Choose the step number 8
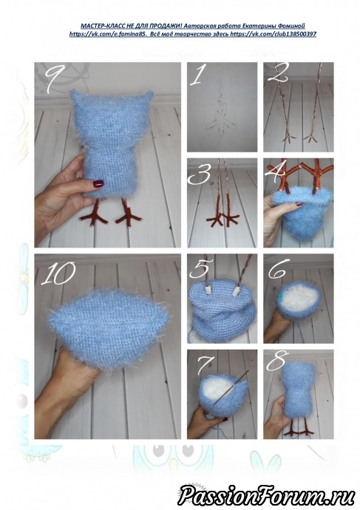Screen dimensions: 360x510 pos(277,361)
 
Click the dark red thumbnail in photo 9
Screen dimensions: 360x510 pos(98,184)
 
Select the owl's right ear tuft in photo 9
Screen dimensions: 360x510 pos(148,95)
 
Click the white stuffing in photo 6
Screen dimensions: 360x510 pos(298,298)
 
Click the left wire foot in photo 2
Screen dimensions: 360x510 pos(288,137)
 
